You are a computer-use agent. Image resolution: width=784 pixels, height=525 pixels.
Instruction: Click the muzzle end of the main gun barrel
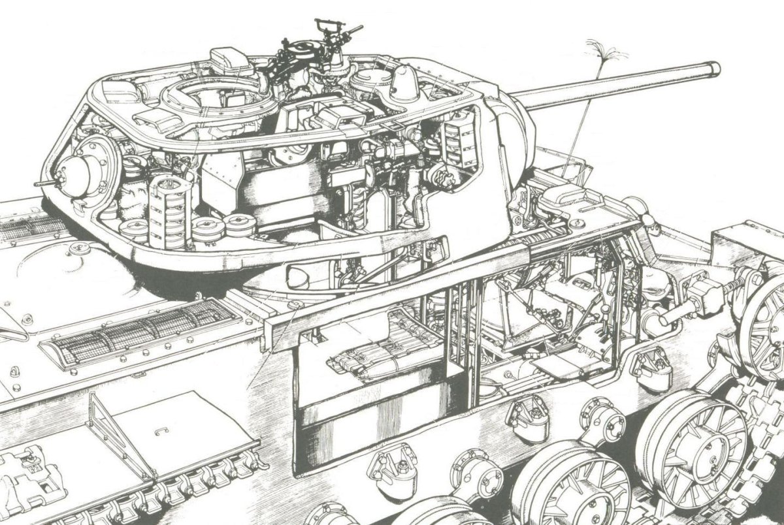pos(713,69)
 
